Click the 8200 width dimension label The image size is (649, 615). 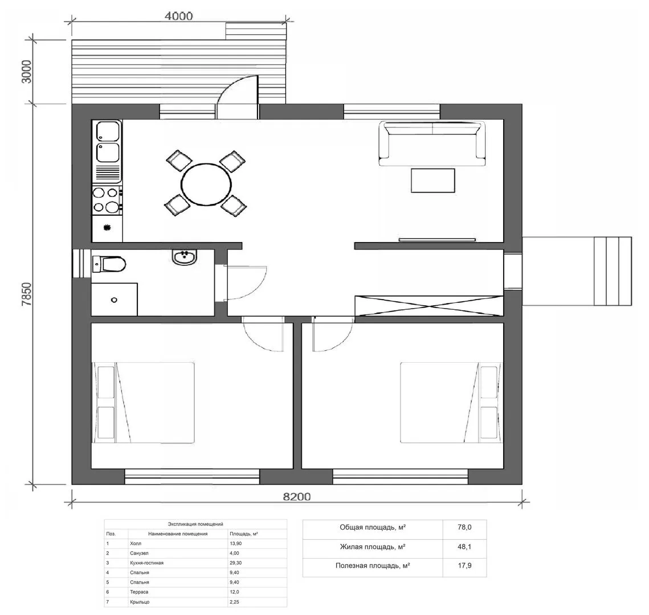[296, 497]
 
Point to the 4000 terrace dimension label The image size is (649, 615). [178, 16]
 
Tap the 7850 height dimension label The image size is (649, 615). [26, 294]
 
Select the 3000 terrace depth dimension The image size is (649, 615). [26, 72]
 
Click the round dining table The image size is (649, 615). [206, 184]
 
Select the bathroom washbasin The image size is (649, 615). [184, 257]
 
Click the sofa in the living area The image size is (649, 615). [432, 143]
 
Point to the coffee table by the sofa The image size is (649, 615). [433, 181]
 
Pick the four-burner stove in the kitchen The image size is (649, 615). [107, 200]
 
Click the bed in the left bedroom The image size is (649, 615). [143, 403]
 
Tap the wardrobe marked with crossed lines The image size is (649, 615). [429, 306]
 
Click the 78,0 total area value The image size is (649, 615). [464, 527]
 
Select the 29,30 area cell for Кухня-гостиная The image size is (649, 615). [236, 563]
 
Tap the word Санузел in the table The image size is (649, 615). [139, 553]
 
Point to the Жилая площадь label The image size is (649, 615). [373, 547]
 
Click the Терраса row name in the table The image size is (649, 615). [139, 592]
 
